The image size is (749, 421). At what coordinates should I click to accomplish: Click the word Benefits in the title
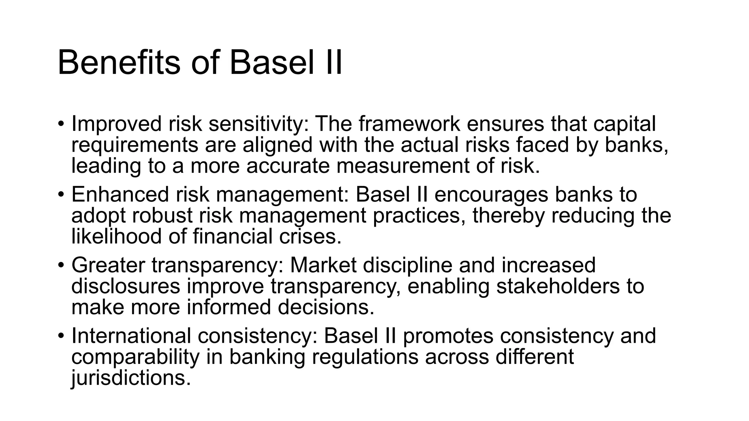click(x=118, y=63)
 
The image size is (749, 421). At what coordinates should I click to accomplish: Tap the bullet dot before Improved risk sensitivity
click(x=61, y=124)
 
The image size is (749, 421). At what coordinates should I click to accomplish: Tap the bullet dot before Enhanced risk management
click(x=61, y=194)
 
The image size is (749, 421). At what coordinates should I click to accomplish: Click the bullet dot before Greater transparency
click(x=61, y=265)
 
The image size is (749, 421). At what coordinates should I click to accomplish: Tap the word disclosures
click(x=125, y=286)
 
